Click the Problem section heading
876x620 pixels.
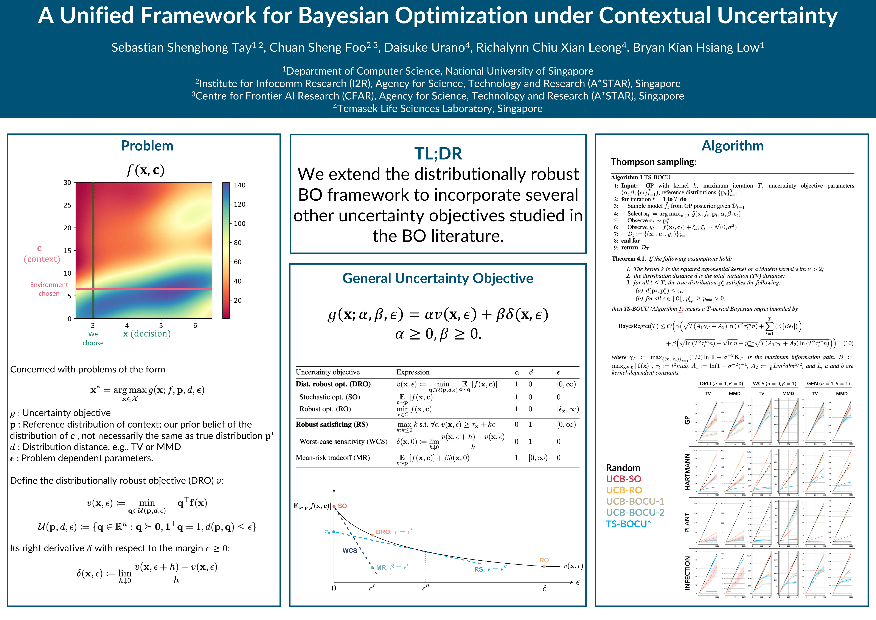tap(147, 146)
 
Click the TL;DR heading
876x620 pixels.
tap(438, 153)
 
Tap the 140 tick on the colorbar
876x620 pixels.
tap(239, 185)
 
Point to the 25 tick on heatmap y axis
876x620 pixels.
tap(68, 205)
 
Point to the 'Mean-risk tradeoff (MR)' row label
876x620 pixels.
tap(333, 457)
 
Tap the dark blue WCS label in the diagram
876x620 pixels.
tap(349, 550)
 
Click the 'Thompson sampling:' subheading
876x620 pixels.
tap(653, 162)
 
